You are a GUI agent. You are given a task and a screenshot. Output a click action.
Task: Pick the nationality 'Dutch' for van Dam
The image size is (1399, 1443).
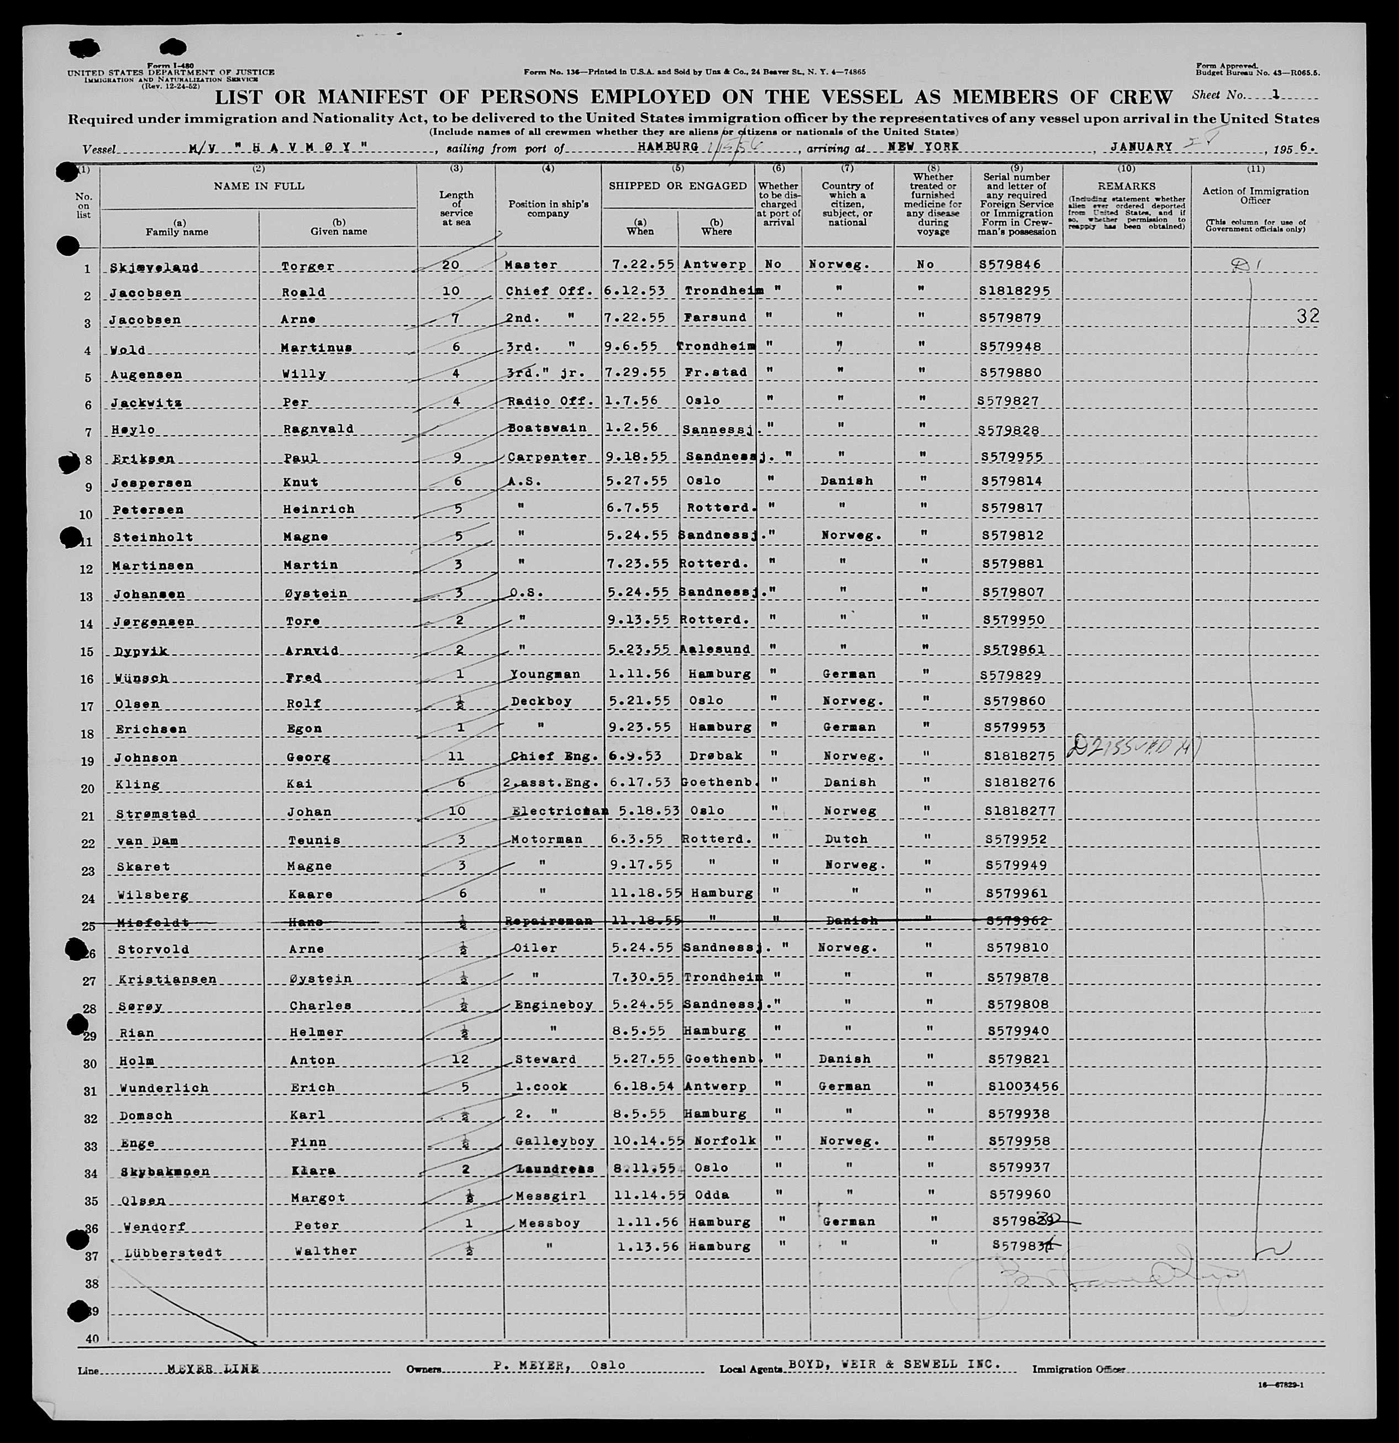846,839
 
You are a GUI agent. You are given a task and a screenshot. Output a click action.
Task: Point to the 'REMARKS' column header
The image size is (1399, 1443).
1126,186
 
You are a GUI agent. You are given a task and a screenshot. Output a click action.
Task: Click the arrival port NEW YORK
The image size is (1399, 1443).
923,146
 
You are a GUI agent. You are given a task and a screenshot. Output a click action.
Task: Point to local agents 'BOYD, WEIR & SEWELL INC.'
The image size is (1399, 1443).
895,1364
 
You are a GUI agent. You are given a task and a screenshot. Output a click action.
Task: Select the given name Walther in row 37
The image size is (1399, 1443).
325,1251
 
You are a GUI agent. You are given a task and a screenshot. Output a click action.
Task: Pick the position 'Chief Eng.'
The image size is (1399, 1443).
549,756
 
